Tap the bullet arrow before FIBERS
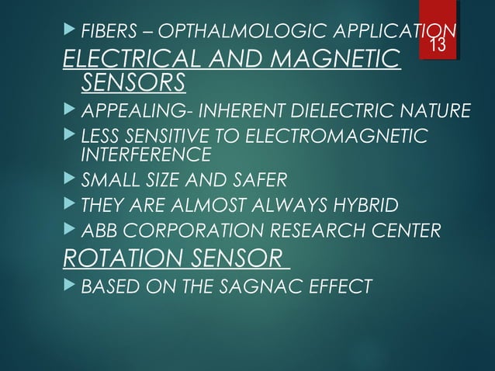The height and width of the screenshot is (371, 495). point(70,33)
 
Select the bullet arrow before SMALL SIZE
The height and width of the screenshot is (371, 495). point(70,180)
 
